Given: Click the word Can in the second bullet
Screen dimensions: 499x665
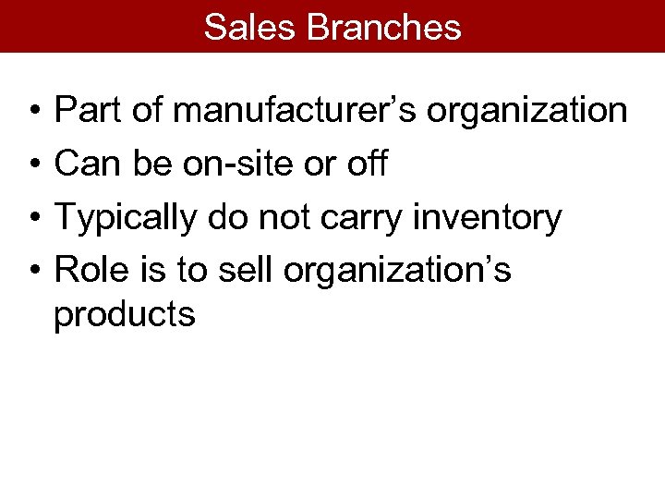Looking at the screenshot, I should coord(86,164).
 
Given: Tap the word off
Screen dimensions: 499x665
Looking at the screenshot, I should coord(368,164).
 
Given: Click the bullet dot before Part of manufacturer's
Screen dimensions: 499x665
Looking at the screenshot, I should coord(32,114).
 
